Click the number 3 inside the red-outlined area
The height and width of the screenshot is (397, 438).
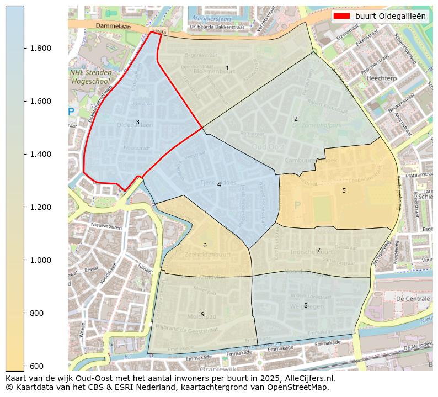click(x=137, y=122)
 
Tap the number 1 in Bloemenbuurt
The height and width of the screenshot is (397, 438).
click(x=227, y=68)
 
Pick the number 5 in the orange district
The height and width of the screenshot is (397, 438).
click(x=344, y=190)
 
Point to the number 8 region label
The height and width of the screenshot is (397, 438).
click(x=306, y=305)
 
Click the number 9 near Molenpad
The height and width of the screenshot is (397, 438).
click(x=202, y=314)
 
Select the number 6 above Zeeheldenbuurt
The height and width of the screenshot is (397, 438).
click(x=205, y=245)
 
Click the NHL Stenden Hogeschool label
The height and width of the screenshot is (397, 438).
click(x=90, y=77)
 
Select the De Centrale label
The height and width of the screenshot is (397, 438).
click(x=413, y=298)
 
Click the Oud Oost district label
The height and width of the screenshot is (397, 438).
click(x=268, y=146)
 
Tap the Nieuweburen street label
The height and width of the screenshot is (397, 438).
click(x=91, y=225)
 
